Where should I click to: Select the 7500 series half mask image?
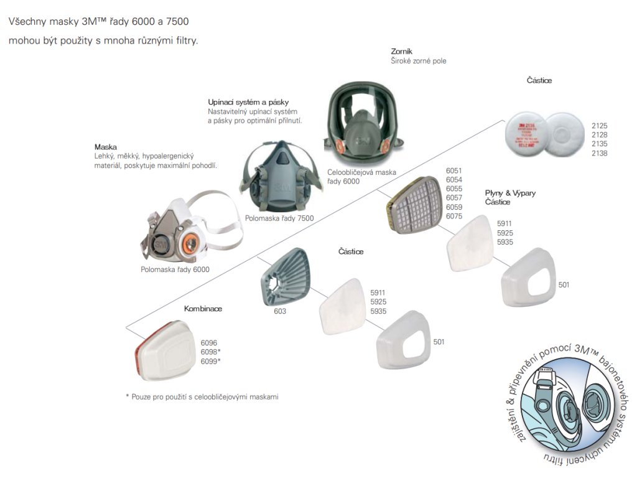(x=278, y=177)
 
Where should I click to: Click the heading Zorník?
(x=402, y=51)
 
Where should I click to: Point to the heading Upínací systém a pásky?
(x=248, y=101)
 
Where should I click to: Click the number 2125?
(x=599, y=125)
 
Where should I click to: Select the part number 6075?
(x=455, y=216)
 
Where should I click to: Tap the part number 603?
(x=280, y=311)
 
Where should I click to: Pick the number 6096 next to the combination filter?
(x=209, y=342)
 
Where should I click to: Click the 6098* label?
(x=210, y=352)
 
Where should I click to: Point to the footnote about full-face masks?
(x=202, y=396)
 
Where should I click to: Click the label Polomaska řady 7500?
(x=279, y=218)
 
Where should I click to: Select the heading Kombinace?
(x=203, y=309)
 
